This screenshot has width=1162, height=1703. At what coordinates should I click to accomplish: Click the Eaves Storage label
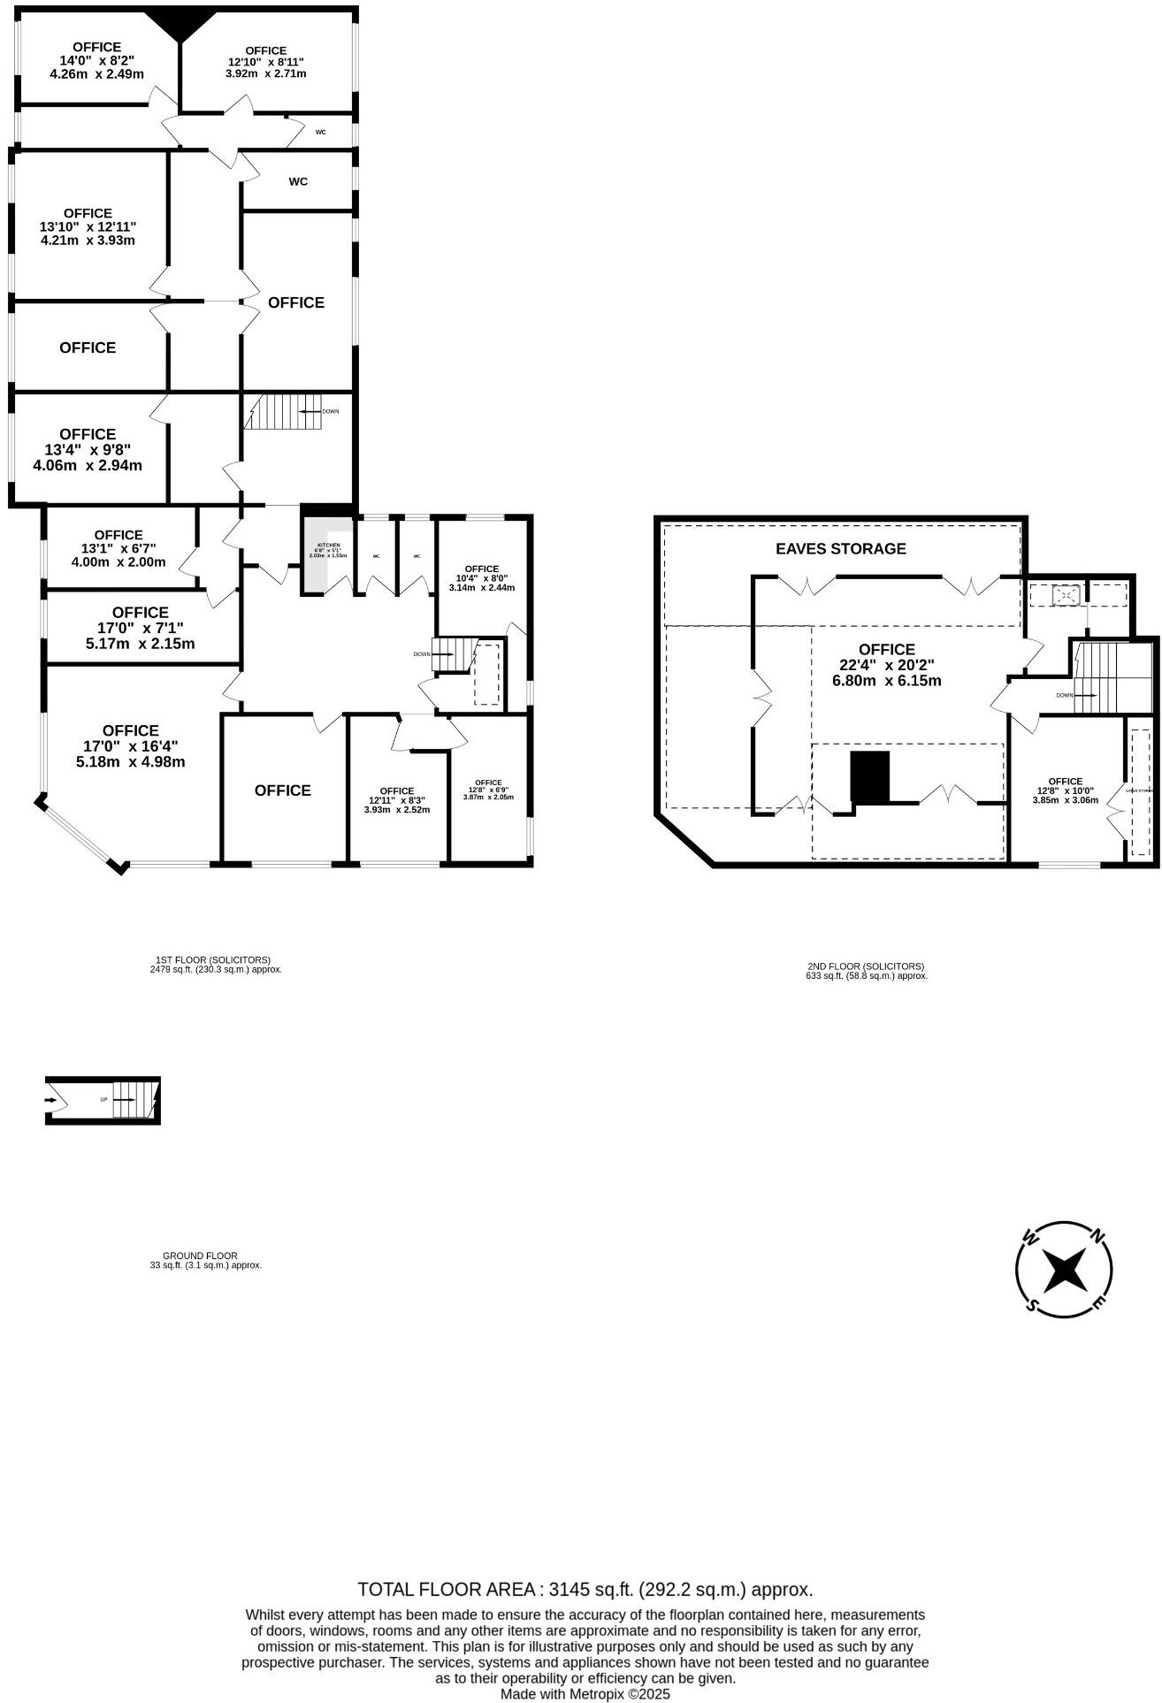840,548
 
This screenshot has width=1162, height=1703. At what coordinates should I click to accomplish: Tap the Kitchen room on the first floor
324,550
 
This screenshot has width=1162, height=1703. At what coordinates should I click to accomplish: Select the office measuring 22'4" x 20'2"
886,665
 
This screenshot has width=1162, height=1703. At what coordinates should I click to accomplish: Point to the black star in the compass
1063,1272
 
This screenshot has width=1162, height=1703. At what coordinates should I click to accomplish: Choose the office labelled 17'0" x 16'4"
130,745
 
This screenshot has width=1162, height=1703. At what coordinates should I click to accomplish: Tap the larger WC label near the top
298,182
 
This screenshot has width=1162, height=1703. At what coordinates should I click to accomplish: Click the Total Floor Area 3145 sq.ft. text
585,1589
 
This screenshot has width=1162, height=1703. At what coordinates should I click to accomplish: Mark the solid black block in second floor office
868,776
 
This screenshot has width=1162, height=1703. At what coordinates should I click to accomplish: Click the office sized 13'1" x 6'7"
118,548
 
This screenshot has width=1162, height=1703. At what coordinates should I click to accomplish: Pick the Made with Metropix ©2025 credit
585,1694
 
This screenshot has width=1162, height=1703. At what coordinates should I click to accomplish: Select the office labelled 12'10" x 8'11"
265,62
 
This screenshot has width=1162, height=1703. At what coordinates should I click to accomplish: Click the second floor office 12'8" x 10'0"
1065,790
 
